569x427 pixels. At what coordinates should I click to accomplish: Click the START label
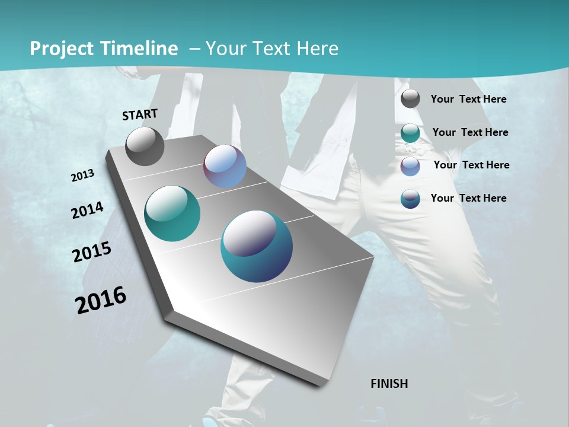click(140, 114)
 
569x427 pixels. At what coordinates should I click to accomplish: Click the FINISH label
click(389, 384)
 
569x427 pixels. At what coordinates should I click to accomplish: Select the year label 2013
click(82, 176)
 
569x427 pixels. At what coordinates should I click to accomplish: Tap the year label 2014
click(87, 211)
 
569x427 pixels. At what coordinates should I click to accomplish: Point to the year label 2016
click(101, 300)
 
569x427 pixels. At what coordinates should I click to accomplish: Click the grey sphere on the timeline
click(145, 146)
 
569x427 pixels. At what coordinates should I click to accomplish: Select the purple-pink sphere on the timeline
click(225, 166)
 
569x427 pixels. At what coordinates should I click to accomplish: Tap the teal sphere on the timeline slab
click(172, 213)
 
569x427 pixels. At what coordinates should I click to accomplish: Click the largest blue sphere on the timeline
click(257, 246)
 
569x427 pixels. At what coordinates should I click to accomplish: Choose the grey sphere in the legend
click(410, 99)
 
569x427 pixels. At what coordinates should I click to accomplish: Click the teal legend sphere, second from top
click(410, 133)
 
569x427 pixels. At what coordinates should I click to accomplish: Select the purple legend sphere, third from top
click(410, 166)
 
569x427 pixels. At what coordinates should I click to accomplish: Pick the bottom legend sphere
click(410, 199)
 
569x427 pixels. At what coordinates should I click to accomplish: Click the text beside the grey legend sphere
click(468, 99)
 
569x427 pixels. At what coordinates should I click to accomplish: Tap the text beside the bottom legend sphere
click(468, 198)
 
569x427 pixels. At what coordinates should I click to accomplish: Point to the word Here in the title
click(317, 49)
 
